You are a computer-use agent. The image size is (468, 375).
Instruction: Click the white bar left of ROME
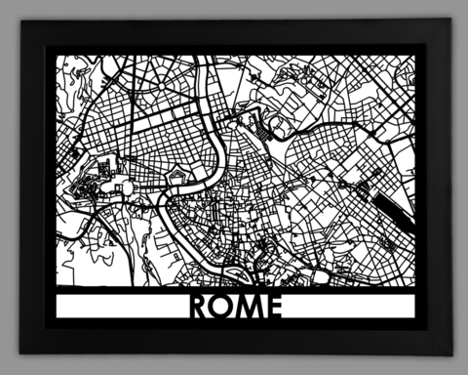coord(117,307)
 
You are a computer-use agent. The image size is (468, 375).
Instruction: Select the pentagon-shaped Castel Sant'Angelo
coord(178,177)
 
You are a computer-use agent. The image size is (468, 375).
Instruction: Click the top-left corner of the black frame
coord(20,21)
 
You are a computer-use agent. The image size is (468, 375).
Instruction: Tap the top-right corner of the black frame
coord(448,21)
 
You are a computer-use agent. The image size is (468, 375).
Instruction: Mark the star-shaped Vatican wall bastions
coord(82,186)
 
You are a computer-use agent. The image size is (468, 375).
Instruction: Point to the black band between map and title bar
coord(234,288)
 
